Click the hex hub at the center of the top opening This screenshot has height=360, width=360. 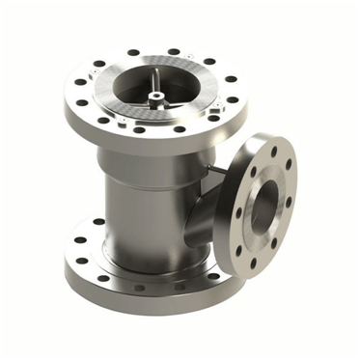coord(154,95)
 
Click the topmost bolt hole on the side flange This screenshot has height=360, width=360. coord(273,152)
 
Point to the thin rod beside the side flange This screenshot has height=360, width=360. coord(219,171)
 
